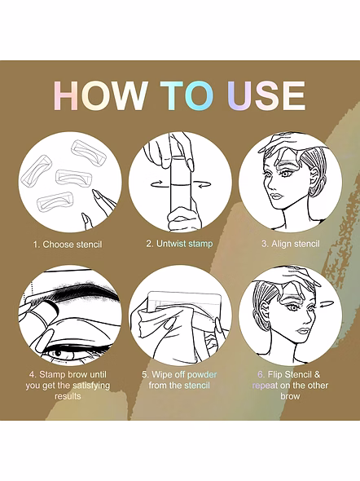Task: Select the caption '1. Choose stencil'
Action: [x=68, y=245]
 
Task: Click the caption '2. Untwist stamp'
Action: [x=179, y=244]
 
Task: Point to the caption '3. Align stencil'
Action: [x=291, y=244]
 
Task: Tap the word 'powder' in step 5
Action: [x=202, y=374]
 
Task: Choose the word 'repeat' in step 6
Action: [x=265, y=386]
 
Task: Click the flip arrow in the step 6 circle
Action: [x=326, y=304]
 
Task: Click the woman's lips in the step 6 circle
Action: [x=302, y=331]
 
